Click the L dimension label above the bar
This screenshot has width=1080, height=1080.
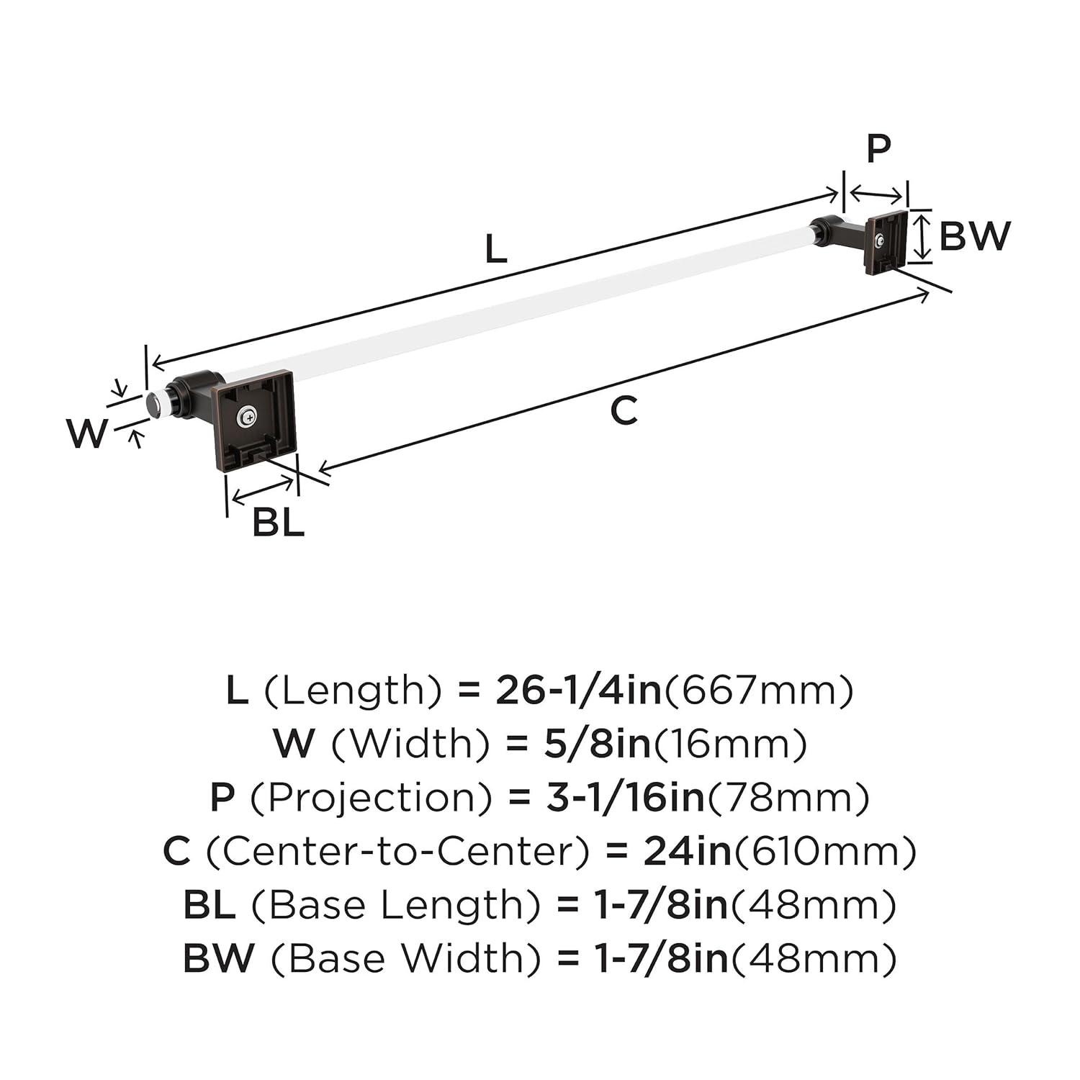496,250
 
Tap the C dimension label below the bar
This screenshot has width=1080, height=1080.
624,411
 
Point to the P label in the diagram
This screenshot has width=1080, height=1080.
878,148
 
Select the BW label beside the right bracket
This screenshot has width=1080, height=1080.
975,235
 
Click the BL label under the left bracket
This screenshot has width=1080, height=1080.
278,523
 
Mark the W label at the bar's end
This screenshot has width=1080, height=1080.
87,434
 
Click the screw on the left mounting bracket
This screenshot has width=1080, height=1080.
248,415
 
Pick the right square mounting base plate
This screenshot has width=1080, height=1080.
887,243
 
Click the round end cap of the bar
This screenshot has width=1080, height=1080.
153,405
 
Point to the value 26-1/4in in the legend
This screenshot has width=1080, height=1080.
578,690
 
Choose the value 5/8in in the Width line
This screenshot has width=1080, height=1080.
597,744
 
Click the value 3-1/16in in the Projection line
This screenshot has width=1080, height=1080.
624,797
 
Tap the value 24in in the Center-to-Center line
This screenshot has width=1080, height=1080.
687,851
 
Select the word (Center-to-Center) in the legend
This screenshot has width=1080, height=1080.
397,851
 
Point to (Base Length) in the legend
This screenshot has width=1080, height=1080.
395,905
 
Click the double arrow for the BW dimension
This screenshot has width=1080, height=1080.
919,235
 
